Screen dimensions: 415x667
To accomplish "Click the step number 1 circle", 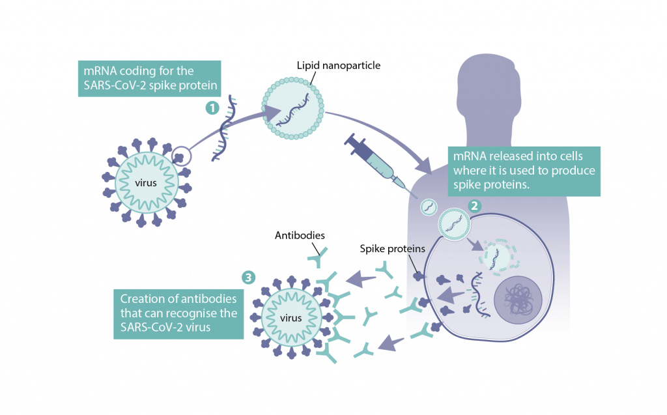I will pos(212,108).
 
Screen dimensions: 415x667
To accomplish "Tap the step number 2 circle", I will pos(475,205).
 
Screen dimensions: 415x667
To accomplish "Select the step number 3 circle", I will pos(248,277).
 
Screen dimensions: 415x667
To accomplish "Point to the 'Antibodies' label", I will pos(300,235).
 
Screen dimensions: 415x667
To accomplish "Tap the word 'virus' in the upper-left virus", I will pos(146,182).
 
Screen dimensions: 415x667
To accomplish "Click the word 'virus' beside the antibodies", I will pos(291,318).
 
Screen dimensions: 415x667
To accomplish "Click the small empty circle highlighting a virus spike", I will pos(183,156).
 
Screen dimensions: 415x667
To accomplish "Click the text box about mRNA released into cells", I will pos(524,171).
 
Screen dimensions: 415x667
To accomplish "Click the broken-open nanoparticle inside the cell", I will pos(500,256).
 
